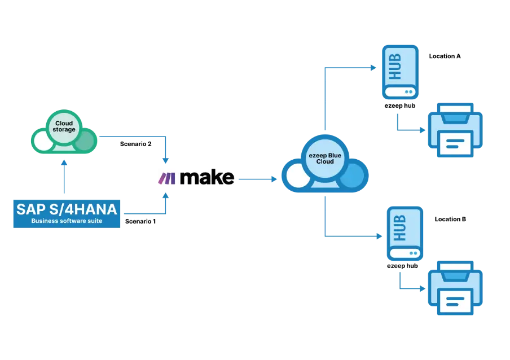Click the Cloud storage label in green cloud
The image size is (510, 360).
(x=64, y=126)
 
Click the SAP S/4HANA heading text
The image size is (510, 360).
(x=66, y=209)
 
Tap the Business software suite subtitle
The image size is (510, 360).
(x=66, y=221)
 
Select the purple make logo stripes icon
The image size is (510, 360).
(x=167, y=178)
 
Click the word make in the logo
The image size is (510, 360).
(x=206, y=178)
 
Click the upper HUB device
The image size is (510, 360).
(x=398, y=72)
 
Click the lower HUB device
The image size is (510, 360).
(x=403, y=233)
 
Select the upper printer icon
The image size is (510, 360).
(x=455, y=130)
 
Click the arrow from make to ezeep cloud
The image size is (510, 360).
(x=254, y=179)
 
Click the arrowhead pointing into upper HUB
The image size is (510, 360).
(x=373, y=67)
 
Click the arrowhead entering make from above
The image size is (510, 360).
(x=166, y=161)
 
